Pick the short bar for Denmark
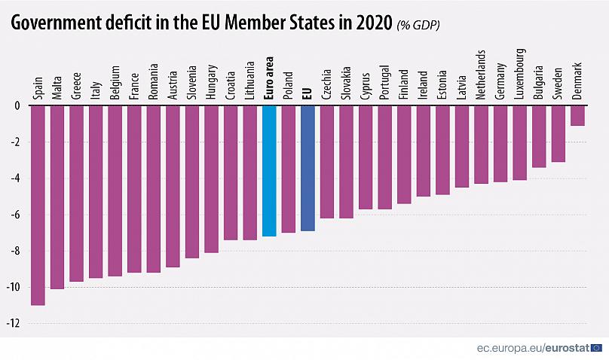(577, 115)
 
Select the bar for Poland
(289, 169)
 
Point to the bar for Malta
(57, 197)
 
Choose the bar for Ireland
(423, 151)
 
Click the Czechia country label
(327, 84)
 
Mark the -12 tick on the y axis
(14, 324)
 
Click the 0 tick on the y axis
(17, 106)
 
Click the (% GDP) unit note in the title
(418, 25)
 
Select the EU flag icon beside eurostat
(596, 348)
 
